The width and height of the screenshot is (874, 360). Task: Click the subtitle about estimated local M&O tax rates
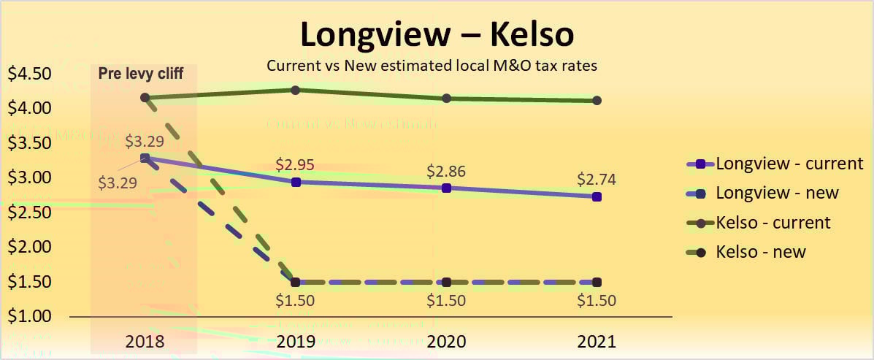[432, 66]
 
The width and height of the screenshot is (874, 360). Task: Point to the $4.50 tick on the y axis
[29, 74]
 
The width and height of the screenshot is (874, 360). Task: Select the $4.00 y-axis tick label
[29, 108]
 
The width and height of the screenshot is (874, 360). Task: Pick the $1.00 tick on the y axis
[29, 316]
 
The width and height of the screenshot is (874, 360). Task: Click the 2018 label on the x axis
[145, 341]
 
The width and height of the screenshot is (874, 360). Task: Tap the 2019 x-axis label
[296, 341]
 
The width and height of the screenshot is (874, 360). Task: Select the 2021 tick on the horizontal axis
[597, 341]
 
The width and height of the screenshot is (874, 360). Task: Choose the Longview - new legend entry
[776, 193]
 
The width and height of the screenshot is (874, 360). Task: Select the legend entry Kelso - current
[773, 222]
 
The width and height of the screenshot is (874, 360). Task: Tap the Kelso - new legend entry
[760, 252]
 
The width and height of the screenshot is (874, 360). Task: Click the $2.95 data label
[296, 164]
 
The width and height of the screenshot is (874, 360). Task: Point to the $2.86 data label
[447, 172]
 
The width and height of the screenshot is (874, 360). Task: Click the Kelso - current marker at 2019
[296, 90]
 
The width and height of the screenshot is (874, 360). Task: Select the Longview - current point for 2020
[447, 188]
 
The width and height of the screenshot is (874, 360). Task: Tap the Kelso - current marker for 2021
[597, 101]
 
